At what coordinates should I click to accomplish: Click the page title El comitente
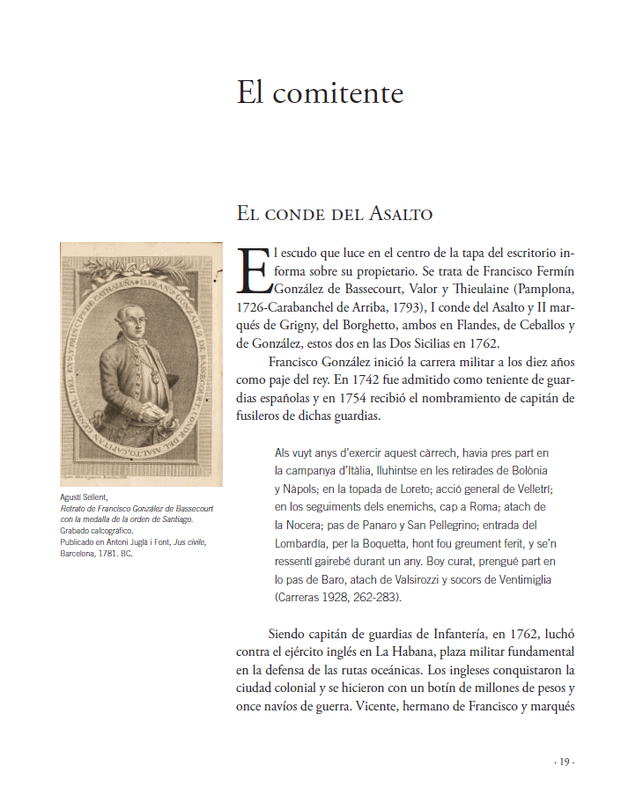320,92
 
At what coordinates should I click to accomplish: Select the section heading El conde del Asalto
334,214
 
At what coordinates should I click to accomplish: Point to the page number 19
565,762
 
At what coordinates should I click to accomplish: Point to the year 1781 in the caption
107,554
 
